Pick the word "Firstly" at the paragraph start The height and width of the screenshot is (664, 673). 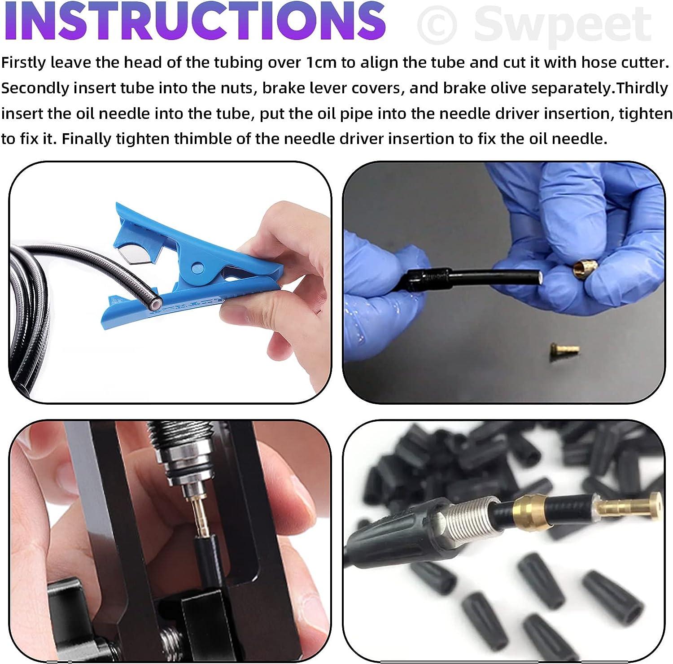23,63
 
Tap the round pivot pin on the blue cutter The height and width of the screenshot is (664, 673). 196,269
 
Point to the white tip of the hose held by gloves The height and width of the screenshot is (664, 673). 542,279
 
